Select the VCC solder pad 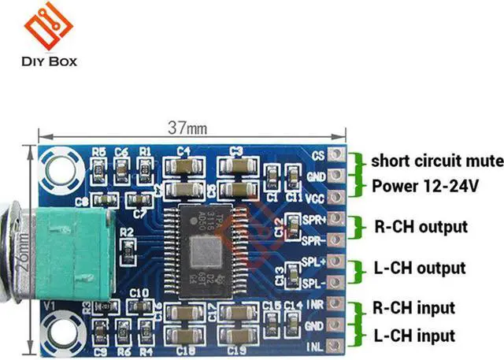tap(338, 196)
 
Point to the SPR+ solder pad tap(338, 217)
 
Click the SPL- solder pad tap(338, 282)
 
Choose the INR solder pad tap(338, 304)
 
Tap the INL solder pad tap(338, 345)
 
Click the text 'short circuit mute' tap(437, 161)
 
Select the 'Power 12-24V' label tap(425, 187)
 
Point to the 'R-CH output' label tap(421, 227)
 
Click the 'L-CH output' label tap(420, 269)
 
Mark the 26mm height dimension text tap(26, 249)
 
